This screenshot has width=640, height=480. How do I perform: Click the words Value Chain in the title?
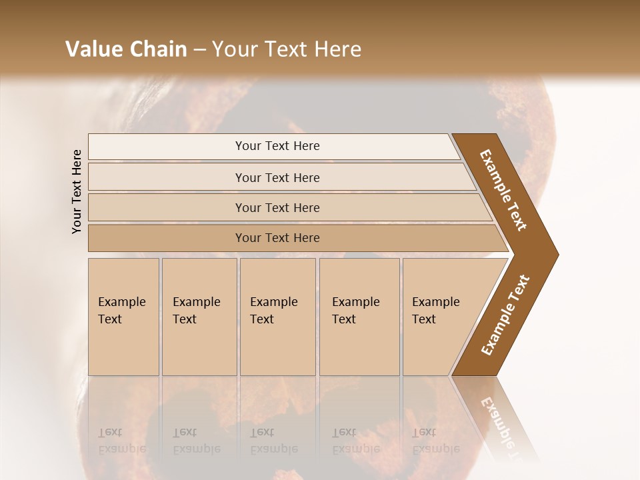pyautogui.click(x=126, y=49)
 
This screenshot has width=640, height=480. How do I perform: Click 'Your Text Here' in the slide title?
pyautogui.click(x=287, y=49)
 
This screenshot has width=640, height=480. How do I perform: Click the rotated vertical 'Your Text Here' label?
pyautogui.click(x=77, y=191)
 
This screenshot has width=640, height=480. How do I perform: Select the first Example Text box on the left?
pyautogui.click(x=123, y=317)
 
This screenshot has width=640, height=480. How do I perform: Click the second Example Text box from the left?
pyautogui.click(x=199, y=317)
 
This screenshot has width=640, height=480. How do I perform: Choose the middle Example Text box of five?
pyautogui.click(x=277, y=317)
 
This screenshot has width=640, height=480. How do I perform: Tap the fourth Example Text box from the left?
pyautogui.click(x=359, y=317)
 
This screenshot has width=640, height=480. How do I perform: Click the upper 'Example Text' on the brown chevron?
pyautogui.click(x=503, y=190)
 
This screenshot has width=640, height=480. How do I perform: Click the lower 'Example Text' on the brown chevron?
pyautogui.click(x=505, y=315)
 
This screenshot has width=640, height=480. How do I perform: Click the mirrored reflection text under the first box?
pyautogui.click(x=121, y=441)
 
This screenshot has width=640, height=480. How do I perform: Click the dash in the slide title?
pyautogui.click(x=199, y=50)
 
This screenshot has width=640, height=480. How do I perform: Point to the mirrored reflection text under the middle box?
pyautogui.click(x=273, y=441)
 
